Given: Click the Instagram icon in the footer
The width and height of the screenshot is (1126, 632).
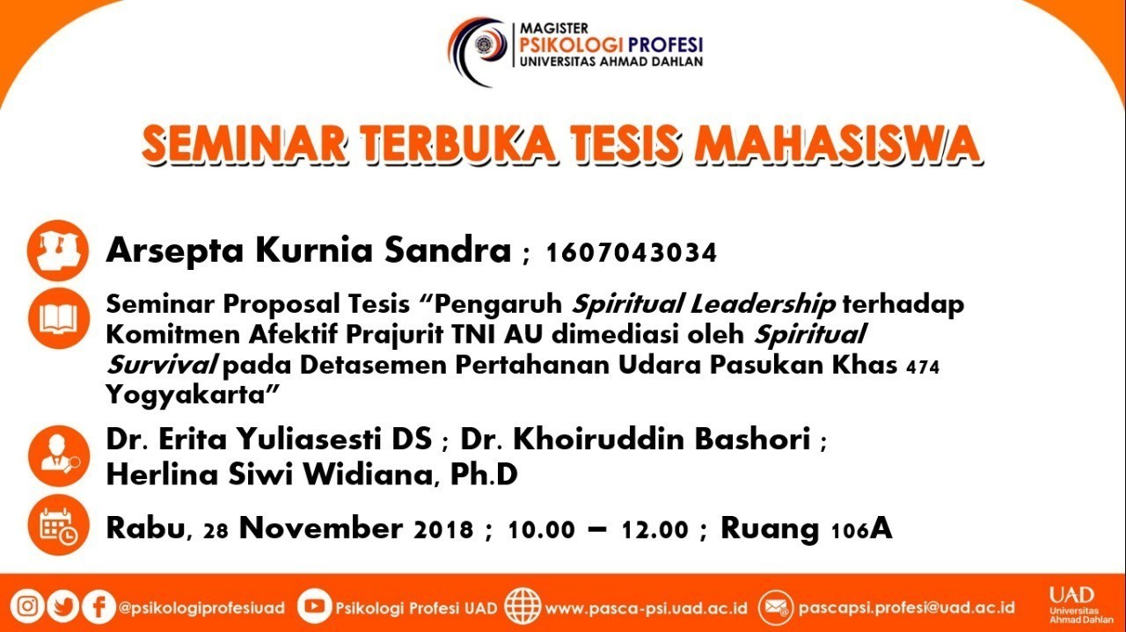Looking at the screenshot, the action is (x=27, y=606).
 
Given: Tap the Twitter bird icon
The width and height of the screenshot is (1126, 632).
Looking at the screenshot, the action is (x=62, y=607).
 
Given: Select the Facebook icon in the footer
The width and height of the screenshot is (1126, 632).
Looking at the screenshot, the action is (x=99, y=607).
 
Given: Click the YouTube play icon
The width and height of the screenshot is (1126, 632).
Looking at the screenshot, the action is (x=314, y=606).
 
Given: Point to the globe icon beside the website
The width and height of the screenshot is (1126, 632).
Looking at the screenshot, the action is (x=523, y=607).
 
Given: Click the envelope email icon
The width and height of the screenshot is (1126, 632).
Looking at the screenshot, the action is (x=776, y=608).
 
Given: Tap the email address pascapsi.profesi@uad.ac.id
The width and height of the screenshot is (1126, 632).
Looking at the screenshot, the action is (x=906, y=607).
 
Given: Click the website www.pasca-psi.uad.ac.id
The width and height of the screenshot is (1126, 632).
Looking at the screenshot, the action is (x=646, y=608).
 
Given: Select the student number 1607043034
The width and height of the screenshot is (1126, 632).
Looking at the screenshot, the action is (x=632, y=252).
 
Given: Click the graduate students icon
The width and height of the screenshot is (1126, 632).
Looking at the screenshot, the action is (x=58, y=251).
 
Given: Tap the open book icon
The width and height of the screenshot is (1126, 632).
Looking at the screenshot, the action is (x=59, y=318).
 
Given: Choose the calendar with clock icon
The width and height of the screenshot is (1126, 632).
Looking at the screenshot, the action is (x=59, y=525).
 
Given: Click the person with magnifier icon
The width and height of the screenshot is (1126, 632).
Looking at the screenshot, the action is (x=59, y=456).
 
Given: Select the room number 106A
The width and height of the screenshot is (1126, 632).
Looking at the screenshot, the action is (x=862, y=529).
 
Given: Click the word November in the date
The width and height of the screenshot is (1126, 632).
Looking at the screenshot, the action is (x=321, y=528).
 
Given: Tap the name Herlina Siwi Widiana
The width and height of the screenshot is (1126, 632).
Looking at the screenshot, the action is (x=269, y=475).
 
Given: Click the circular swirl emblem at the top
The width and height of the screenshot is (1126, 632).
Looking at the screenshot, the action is (x=478, y=50).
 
